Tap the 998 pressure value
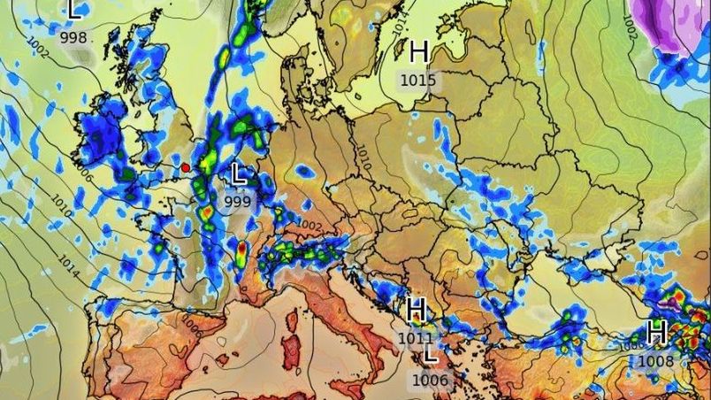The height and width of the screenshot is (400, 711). [73, 37]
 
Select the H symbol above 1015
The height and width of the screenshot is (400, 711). [419, 51]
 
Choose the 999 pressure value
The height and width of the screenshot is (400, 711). [238, 202]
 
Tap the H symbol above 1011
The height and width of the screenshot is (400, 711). [417, 310]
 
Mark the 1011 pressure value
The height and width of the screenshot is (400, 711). [416, 338]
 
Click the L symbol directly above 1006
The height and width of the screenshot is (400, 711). [431, 355]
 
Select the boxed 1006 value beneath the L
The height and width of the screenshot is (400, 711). [431, 381]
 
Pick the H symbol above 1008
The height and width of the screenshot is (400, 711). [656, 333]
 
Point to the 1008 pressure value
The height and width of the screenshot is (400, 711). [655, 361]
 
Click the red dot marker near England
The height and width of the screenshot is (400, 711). [186, 167]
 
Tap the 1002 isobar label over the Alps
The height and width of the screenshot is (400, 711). [309, 226]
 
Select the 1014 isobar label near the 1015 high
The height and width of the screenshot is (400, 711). [401, 26]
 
